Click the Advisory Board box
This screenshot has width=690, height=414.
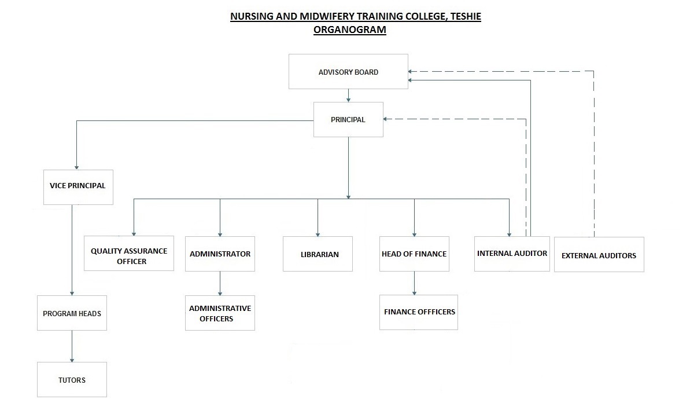pos(348,72)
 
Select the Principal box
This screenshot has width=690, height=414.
pos(348,119)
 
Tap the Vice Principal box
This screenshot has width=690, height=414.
pos(78,187)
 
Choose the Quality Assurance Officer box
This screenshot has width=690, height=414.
pos(129,253)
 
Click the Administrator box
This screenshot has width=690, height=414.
pos(220,254)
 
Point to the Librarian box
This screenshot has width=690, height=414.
pos(318,254)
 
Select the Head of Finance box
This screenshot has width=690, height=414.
pos(414,254)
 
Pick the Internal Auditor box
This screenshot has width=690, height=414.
pos(512,254)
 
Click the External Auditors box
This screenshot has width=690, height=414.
pos(599,255)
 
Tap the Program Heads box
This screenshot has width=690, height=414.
pos(72,313)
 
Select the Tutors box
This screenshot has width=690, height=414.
pos(72,380)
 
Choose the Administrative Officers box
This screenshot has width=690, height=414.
pos(220,313)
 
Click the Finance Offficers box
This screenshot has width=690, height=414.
pos(419,312)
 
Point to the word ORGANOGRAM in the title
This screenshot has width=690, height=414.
pos(350,30)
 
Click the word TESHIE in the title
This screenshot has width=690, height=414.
pos(466,16)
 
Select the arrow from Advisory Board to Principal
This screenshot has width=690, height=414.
pos(348,96)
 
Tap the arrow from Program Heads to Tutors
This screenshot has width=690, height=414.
pos(72,346)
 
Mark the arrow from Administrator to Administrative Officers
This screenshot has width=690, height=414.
pos(220,283)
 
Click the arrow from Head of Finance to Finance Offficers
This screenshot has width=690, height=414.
pos(414,283)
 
